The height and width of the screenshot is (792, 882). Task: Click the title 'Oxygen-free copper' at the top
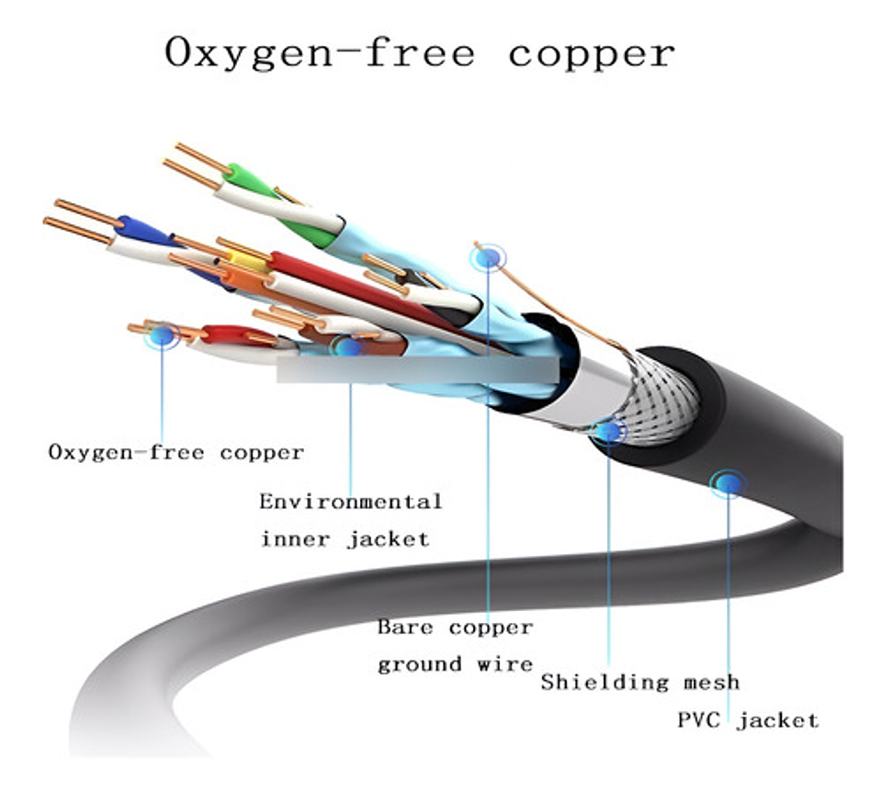[419, 52]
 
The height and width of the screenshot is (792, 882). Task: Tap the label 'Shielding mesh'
[639, 682]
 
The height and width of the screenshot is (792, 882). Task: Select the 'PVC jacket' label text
[747, 719]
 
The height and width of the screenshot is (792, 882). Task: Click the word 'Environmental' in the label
[350, 502]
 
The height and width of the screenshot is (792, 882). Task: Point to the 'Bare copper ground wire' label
[455, 645]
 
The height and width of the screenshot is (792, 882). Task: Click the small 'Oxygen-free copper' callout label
[175, 452]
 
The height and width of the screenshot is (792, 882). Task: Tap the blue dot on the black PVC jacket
[729, 481]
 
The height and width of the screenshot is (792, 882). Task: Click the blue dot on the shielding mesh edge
[608, 431]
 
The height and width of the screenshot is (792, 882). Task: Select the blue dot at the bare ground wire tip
[488, 258]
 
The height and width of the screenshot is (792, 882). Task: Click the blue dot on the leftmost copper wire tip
[163, 335]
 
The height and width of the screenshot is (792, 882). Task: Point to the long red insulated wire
[367, 289]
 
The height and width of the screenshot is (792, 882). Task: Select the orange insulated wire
[241, 277]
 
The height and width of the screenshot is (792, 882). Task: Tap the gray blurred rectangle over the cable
[417, 369]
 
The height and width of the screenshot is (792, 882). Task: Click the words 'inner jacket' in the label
[345, 538]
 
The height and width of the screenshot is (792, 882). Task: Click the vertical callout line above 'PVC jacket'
[729, 597]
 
